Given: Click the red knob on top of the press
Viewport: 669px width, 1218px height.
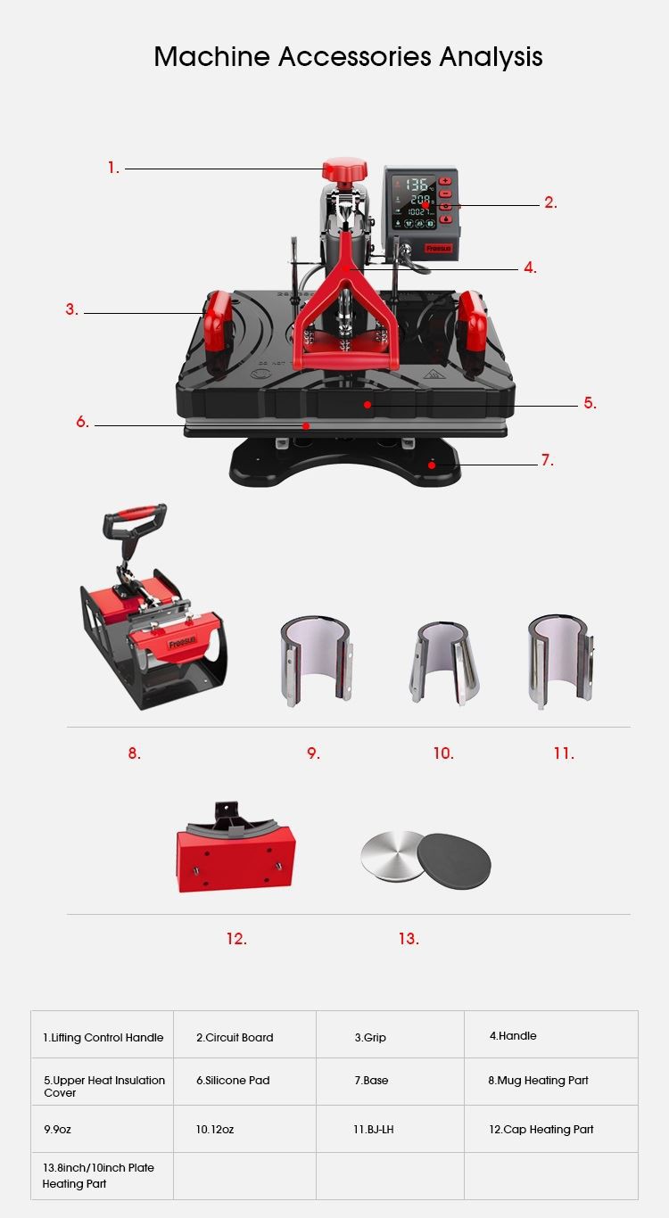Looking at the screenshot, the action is (x=344, y=169).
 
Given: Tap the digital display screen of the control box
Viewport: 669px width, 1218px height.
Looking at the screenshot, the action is (x=414, y=202).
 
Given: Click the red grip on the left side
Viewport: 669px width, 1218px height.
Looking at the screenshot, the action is (x=218, y=333).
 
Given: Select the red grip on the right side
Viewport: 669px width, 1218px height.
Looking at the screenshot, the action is (x=471, y=333).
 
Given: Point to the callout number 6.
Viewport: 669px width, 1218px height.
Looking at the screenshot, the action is (x=83, y=422).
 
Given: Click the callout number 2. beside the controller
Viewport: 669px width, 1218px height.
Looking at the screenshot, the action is (x=550, y=202).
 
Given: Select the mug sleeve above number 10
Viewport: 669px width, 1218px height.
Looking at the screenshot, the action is (x=444, y=663).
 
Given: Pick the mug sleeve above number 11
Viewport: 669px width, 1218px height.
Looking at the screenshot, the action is (x=561, y=662).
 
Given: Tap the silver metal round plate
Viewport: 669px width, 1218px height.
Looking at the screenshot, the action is (x=392, y=853).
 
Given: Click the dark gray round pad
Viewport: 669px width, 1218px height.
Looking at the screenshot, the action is (x=455, y=862).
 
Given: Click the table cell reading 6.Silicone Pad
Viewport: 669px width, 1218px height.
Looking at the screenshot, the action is (x=244, y=1082).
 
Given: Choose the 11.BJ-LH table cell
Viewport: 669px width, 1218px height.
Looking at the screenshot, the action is (x=390, y=1129).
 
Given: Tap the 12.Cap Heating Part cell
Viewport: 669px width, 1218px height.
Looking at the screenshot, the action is (x=551, y=1129).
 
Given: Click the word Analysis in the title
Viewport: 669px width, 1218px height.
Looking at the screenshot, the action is (x=491, y=57).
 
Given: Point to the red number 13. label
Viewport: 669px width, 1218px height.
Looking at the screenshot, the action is (x=409, y=939).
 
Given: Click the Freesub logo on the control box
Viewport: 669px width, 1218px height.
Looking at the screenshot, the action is (x=438, y=249).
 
